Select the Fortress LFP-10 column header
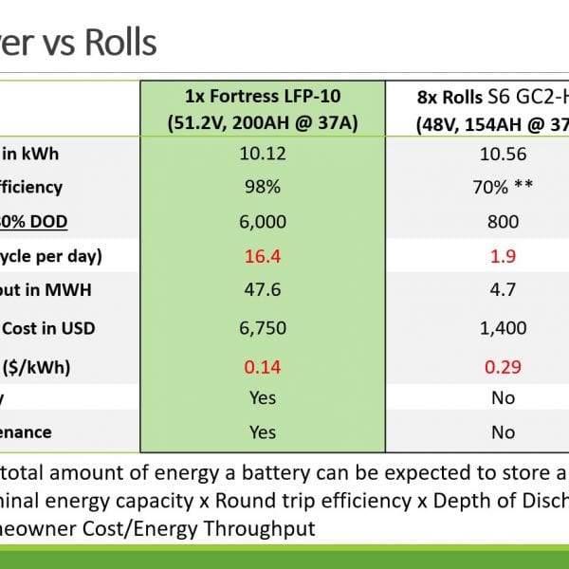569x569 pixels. click(262, 108)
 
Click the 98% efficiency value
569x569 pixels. click(262, 187)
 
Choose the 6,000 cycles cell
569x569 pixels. click(262, 222)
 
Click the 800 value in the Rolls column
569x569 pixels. click(503, 222)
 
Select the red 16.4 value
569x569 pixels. click(262, 257)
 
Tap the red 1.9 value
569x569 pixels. click(503, 257)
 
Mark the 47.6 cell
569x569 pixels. click(262, 292)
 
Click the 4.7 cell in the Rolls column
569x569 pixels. click(503, 292)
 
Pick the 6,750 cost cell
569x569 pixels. click(262, 328)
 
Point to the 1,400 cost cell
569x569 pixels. click(503, 328)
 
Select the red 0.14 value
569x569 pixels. click(262, 364)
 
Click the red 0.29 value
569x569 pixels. click(503, 364)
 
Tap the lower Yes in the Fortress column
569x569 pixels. click(262, 432)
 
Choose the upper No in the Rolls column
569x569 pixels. click(503, 398)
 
